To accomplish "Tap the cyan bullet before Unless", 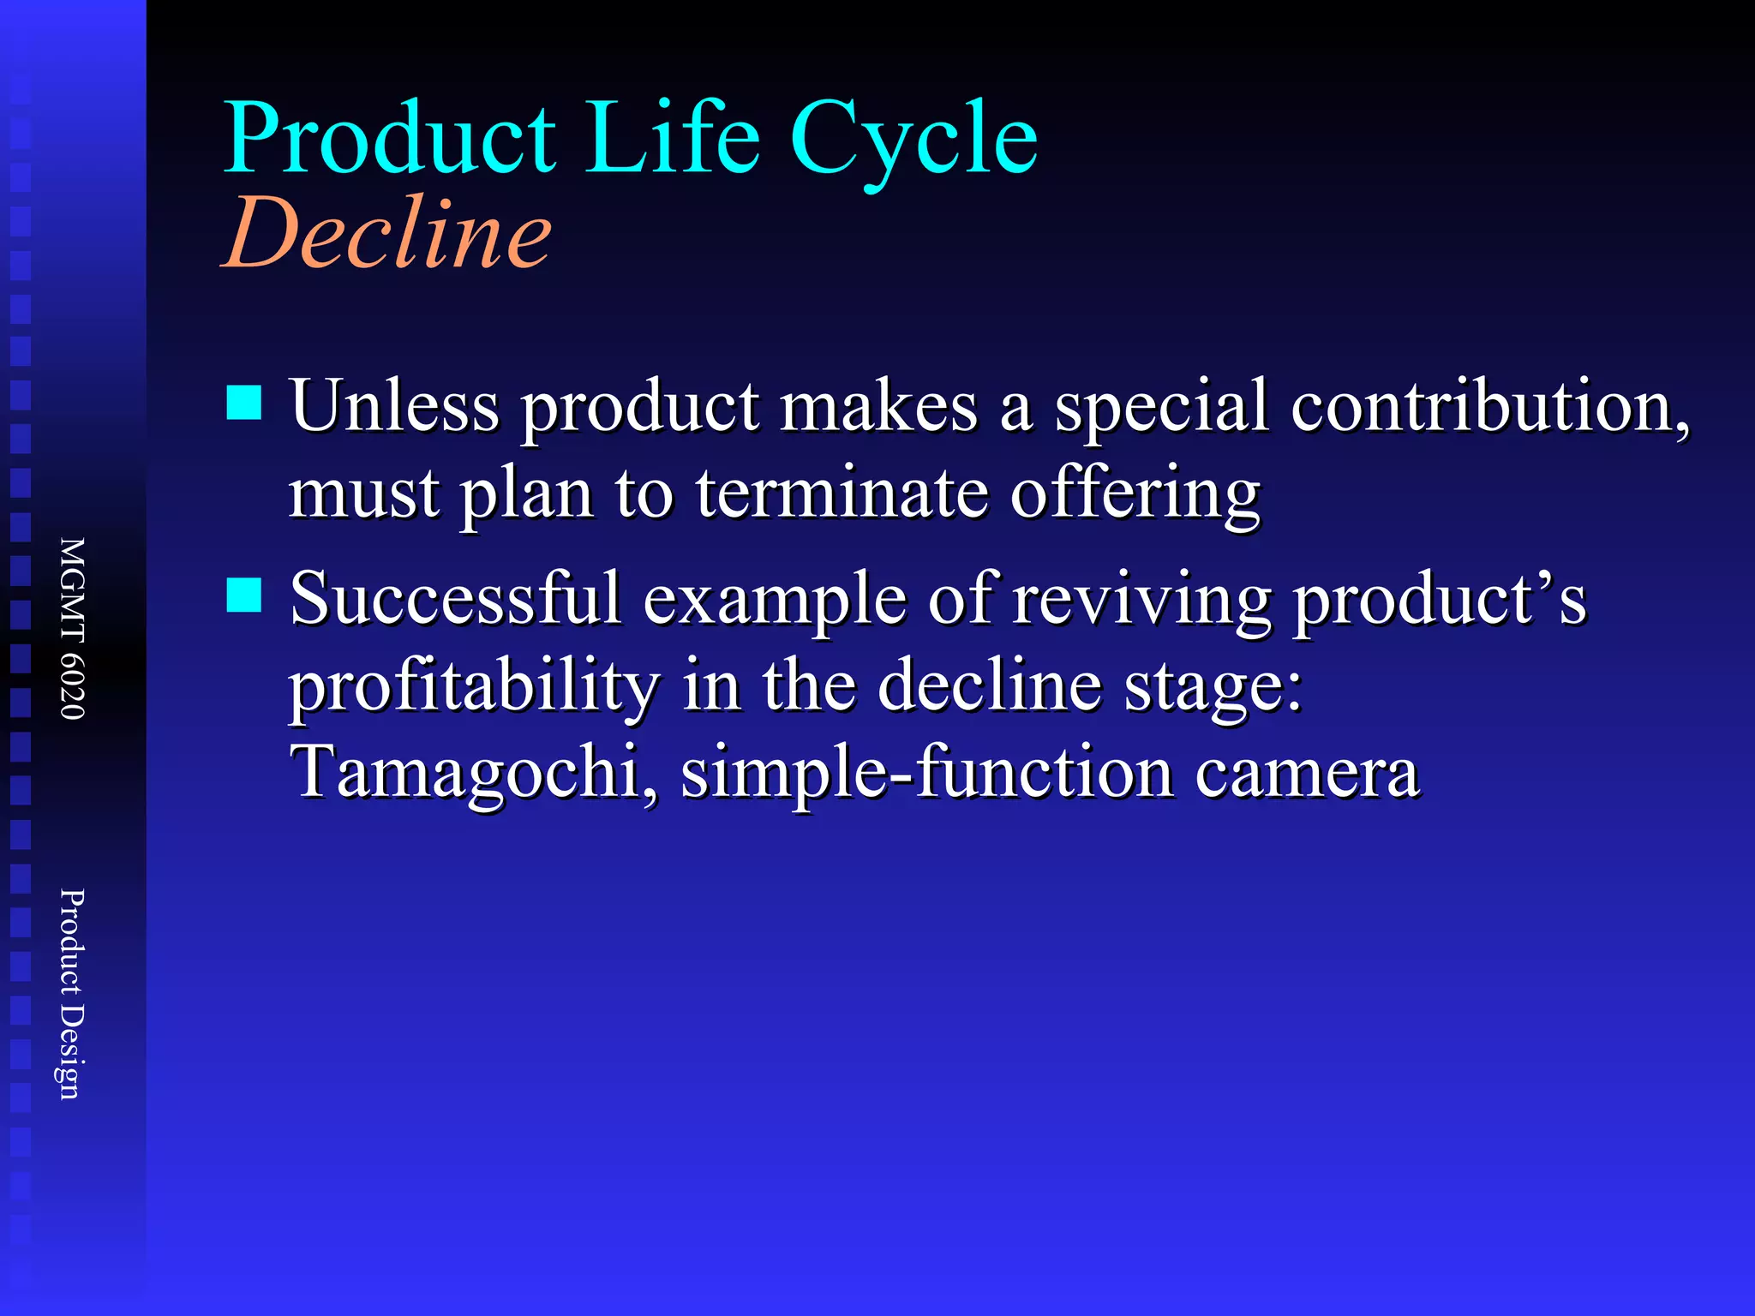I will (x=244, y=403).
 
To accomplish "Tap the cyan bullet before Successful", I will (x=244, y=595).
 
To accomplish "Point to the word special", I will (x=1160, y=408).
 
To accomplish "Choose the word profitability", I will (x=474, y=689).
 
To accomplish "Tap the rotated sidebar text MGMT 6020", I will (x=72, y=629).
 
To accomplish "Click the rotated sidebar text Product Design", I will (x=72, y=994).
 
